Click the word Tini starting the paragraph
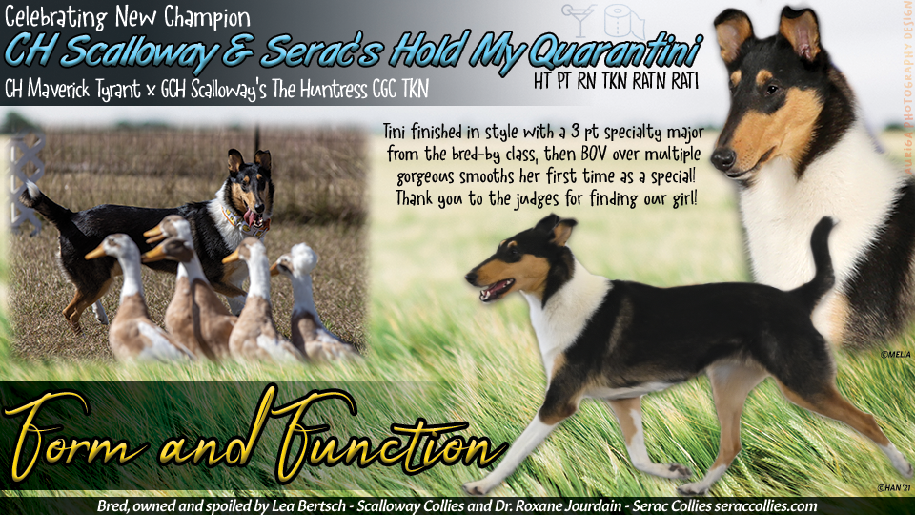pyautogui.click(x=398, y=130)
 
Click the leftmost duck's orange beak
pyautogui.click(x=95, y=251)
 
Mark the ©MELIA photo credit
pyautogui.click(x=895, y=354)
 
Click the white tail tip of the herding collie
pyautogui.click(x=31, y=190)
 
